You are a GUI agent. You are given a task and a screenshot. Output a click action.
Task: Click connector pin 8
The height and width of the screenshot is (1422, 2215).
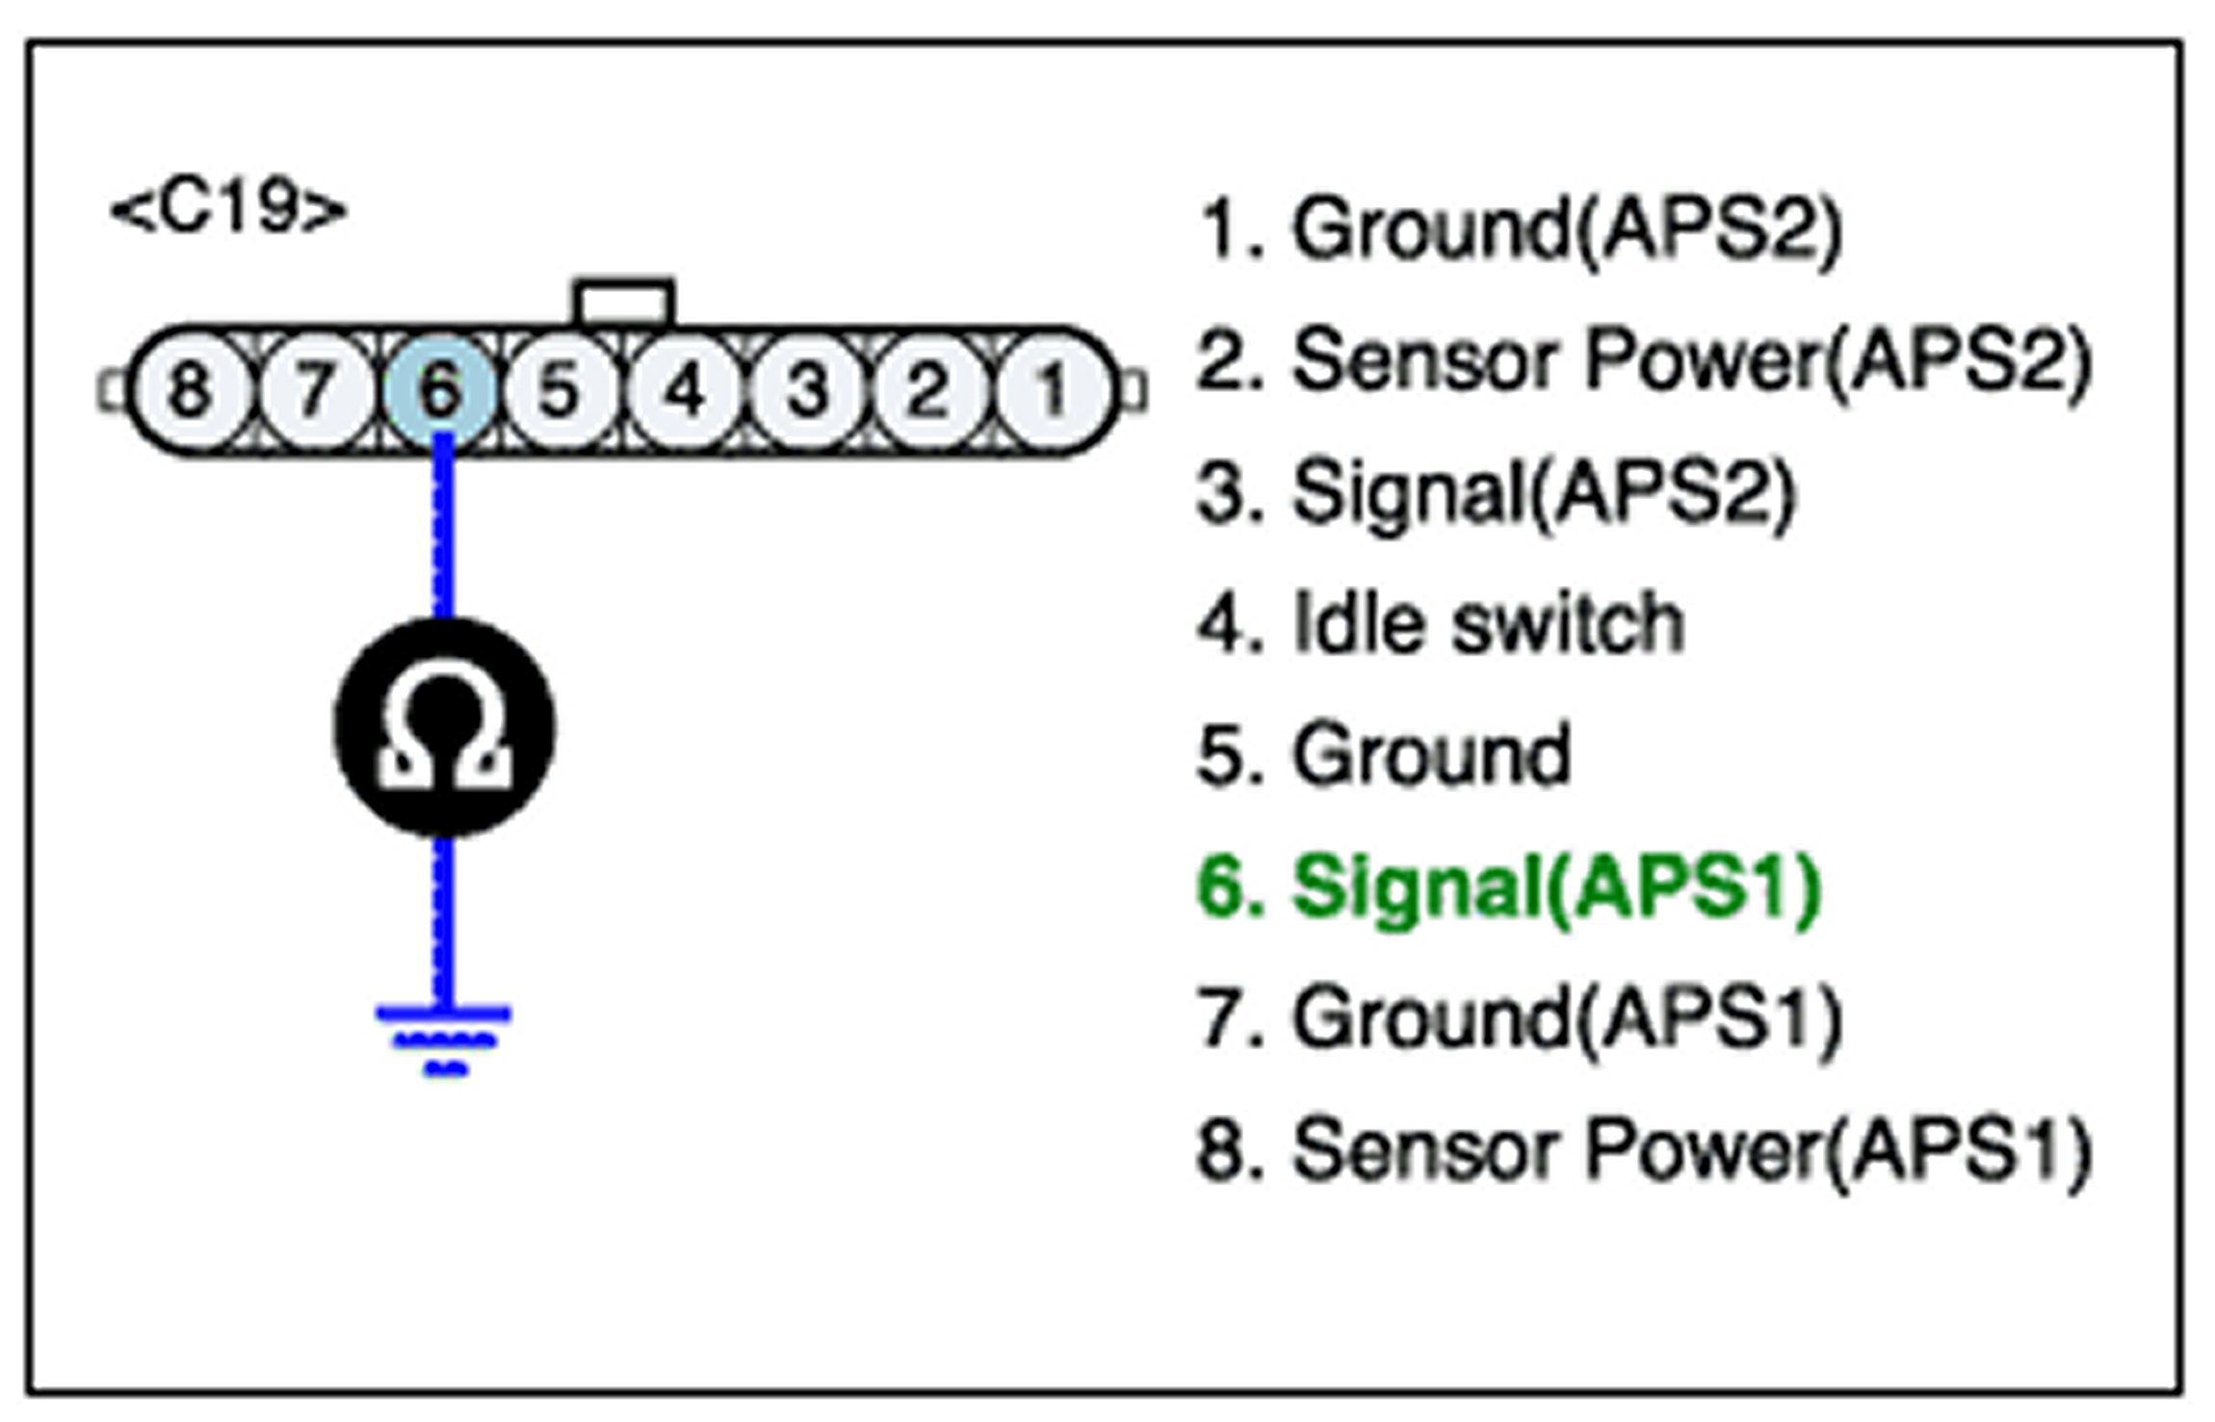pos(189,390)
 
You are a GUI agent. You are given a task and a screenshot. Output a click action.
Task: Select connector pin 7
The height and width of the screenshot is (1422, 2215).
pos(314,390)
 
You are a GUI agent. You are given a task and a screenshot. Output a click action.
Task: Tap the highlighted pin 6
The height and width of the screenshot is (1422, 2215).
pos(440,390)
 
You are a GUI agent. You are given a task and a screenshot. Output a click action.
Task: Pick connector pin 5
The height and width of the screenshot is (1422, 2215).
pos(560,390)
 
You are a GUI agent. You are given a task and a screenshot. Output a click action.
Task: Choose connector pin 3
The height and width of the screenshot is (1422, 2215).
pos(807,390)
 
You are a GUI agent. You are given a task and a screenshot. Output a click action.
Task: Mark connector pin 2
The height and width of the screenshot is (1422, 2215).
pos(928,390)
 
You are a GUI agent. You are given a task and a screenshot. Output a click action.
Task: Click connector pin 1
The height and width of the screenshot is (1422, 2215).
pos(1052,390)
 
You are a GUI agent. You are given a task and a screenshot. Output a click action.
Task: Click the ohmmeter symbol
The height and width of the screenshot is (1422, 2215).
pos(444,727)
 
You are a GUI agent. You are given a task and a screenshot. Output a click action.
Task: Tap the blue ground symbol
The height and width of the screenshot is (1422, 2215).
pos(444,1040)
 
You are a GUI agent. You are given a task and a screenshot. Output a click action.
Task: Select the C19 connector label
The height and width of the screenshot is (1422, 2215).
pos(228,209)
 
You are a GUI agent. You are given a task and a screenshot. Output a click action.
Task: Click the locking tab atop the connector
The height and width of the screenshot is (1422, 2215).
pos(624,303)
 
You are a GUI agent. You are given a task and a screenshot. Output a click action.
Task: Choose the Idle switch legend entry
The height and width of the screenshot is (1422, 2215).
pos(1441,623)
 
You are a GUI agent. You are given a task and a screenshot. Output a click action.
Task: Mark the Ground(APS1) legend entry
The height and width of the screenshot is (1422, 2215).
pos(1520,1020)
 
